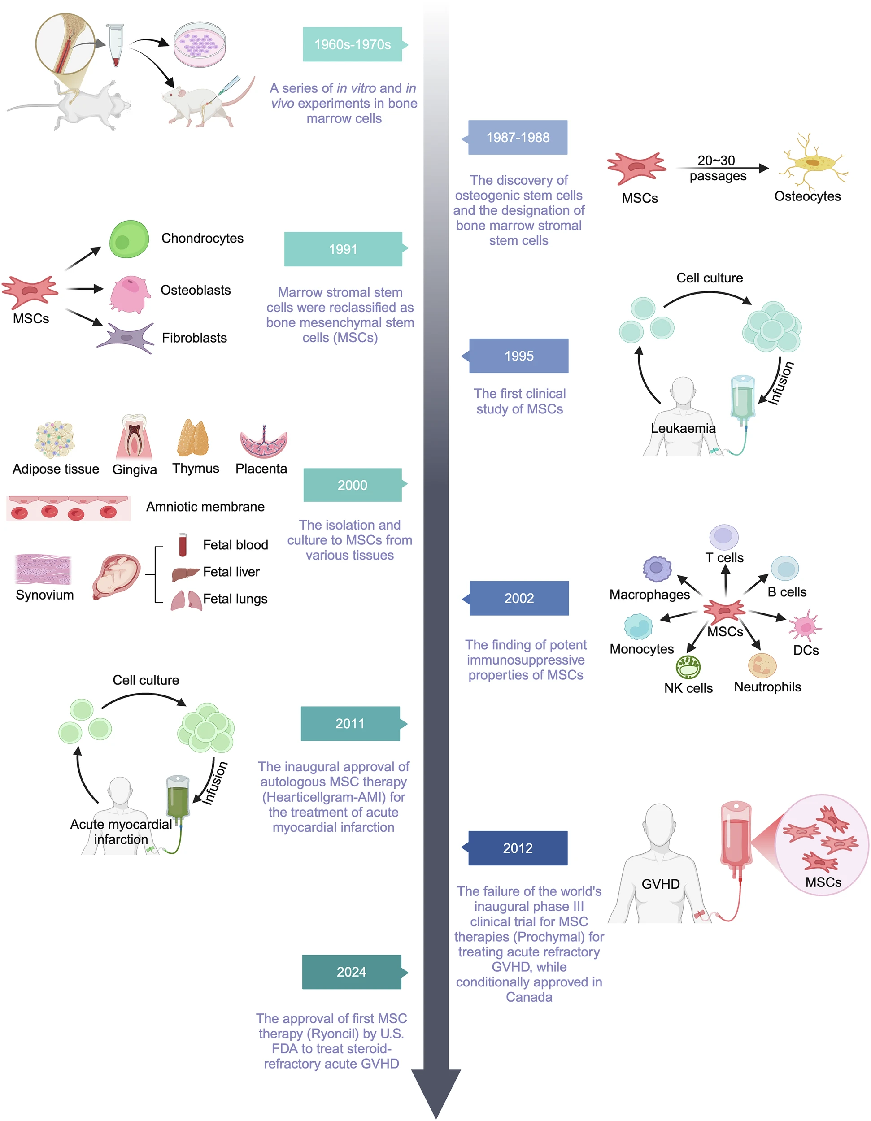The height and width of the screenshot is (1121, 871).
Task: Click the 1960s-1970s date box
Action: [352, 45]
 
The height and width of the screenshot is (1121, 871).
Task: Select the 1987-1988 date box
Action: [518, 138]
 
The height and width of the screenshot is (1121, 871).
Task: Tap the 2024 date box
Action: [352, 972]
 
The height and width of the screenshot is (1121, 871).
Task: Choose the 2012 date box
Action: [518, 848]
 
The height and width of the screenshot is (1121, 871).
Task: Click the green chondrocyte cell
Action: [129, 239]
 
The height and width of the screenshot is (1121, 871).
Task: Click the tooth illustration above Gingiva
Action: [135, 436]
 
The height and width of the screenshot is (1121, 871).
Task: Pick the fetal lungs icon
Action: [186, 600]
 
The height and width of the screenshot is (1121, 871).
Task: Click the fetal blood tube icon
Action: [183, 545]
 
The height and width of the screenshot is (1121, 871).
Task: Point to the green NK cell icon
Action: [688, 667]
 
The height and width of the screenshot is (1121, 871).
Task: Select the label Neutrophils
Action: [767, 687]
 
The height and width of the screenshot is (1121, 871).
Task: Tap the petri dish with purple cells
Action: [199, 45]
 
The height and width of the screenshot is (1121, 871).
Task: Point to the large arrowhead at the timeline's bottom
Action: [436, 1093]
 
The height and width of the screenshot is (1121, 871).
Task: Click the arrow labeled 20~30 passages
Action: [721, 168]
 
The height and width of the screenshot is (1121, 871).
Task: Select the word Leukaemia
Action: [683, 428]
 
